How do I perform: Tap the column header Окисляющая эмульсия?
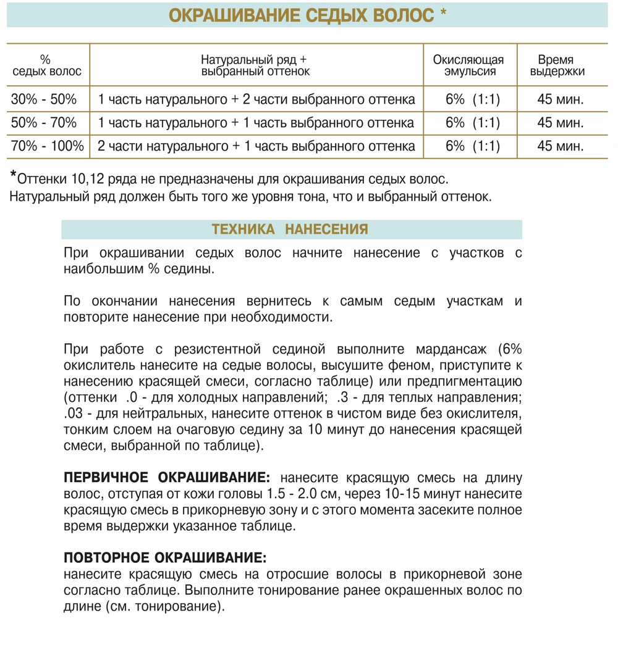pyautogui.click(x=468, y=65)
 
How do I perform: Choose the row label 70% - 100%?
pyautogui.click(x=48, y=147)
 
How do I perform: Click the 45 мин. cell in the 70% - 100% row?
pyautogui.click(x=560, y=147)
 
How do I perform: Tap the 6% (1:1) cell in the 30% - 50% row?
pyautogui.click(x=472, y=99)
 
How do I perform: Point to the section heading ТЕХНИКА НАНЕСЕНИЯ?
pyautogui.click(x=290, y=230)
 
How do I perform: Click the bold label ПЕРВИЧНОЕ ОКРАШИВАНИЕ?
pyautogui.click(x=167, y=478)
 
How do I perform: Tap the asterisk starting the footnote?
pyautogui.click(x=14, y=177)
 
